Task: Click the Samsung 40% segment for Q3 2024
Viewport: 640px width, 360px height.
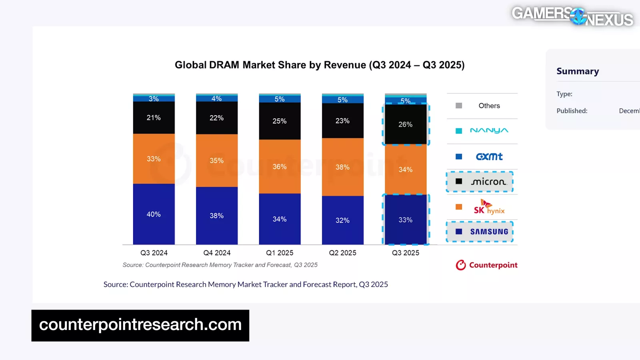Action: point(154,214)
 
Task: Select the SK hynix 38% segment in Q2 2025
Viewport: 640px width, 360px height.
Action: point(342,167)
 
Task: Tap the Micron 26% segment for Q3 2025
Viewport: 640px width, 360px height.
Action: point(405,124)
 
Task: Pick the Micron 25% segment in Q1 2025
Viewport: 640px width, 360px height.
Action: point(280,121)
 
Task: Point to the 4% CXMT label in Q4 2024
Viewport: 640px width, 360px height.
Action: point(216,98)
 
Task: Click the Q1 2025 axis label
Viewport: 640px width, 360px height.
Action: point(280,253)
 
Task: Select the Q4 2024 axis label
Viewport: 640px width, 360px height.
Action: point(217,253)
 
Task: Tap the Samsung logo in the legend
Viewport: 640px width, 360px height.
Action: point(489,232)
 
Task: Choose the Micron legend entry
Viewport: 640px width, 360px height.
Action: point(480,182)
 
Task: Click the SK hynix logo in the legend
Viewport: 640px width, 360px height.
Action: point(489,207)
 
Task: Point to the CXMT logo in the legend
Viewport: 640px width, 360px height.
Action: point(489,156)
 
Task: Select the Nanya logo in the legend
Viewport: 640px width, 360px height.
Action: point(489,130)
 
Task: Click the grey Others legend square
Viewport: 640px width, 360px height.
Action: point(459,106)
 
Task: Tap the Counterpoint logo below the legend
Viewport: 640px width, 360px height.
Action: point(486,265)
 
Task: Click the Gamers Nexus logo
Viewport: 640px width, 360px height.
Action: point(572,16)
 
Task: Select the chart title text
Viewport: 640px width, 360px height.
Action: point(320,65)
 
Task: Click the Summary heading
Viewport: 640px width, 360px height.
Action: point(578,71)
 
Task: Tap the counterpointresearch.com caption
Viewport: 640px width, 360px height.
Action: point(140,325)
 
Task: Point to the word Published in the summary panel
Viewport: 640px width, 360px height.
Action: point(572,111)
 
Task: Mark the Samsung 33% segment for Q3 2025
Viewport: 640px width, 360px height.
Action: point(405,220)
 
